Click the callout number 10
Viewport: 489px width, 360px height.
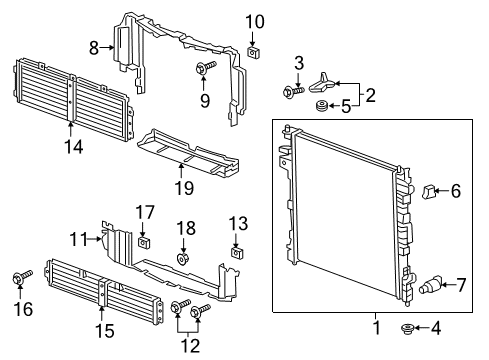255,22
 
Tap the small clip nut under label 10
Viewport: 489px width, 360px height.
253,52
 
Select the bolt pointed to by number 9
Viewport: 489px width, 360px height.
205,67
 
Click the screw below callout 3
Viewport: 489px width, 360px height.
293,91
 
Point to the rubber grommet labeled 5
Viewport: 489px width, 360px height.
322,106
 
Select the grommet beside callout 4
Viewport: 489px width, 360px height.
407,329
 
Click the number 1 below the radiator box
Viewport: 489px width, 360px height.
376,328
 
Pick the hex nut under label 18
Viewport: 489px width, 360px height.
182,259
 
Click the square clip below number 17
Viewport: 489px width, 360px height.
143,242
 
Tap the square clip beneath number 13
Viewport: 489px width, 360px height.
236,253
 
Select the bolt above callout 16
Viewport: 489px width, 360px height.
22,277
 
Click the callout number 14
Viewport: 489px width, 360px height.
74,146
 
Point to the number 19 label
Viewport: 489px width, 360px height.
184,188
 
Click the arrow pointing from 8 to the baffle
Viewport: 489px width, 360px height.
107,48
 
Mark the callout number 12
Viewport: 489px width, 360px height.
190,345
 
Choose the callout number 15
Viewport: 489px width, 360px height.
105,331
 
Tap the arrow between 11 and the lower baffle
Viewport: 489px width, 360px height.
95,239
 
